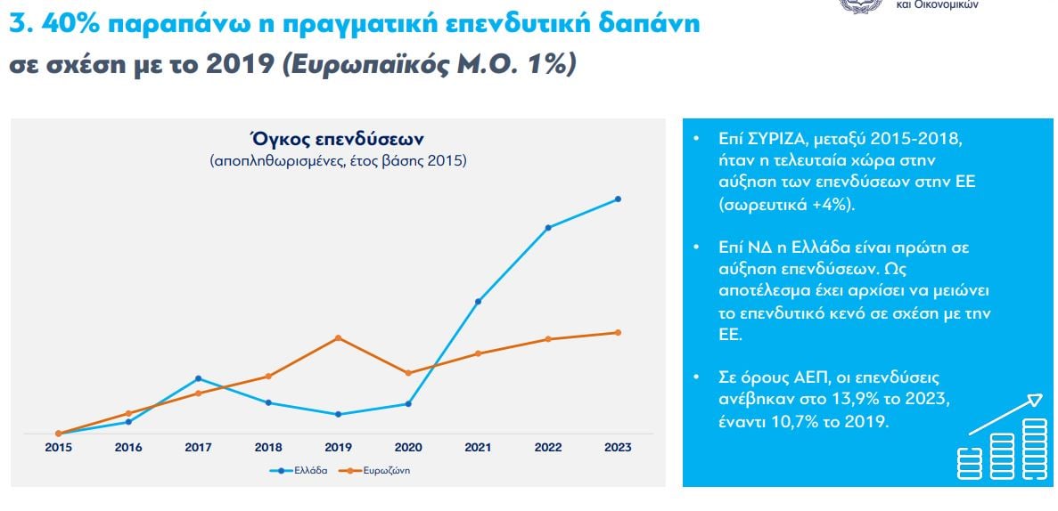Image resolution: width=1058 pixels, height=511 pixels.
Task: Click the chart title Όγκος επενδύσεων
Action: (x=338, y=140)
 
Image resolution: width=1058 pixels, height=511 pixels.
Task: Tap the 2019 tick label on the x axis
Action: (x=338, y=448)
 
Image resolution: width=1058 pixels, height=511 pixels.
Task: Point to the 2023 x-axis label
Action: (x=618, y=448)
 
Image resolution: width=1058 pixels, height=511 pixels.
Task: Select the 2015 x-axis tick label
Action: (x=58, y=448)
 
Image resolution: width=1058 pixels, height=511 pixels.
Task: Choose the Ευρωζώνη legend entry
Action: (x=374, y=470)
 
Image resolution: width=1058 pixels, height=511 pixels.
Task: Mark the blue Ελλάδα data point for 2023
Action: (x=618, y=199)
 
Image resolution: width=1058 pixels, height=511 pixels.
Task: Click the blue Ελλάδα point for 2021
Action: (x=479, y=302)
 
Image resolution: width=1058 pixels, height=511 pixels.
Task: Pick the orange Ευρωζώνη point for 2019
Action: (x=338, y=338)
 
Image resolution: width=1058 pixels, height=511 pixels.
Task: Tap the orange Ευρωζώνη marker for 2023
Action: (x=618, y=333)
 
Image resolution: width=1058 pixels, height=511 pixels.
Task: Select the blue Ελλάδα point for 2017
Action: (x=198, y=378)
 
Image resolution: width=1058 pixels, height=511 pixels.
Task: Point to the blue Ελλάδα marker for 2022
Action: (x=548, y=228)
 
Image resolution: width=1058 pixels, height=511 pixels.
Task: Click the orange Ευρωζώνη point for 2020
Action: (x=408, y=373)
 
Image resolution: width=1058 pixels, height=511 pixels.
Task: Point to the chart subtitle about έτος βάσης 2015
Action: (x=338, y=161)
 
